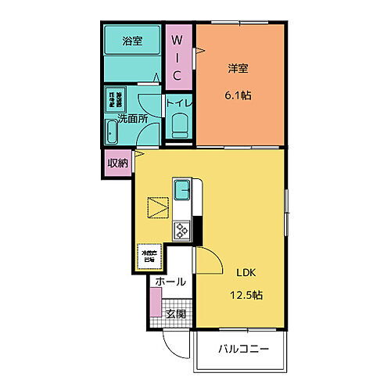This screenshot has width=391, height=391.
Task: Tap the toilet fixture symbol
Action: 179,125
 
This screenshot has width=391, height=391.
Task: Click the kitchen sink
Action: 181,190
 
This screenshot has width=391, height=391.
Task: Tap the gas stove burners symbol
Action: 181,230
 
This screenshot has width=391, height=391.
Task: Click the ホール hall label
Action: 170,282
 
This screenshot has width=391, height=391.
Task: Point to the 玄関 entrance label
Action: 175,314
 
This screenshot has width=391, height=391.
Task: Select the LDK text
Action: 246,273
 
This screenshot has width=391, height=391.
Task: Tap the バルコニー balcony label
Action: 243,349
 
